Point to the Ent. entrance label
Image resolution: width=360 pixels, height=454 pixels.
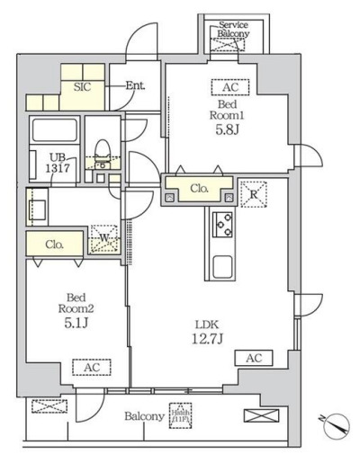tap(135, 86)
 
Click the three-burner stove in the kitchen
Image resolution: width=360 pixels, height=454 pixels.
tap(222, 223)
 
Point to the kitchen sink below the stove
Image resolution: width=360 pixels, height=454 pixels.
tap(222, 266)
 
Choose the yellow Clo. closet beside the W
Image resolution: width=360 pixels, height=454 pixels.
tap(53, 243)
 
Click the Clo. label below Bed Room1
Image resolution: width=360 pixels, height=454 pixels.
tap(200, 190)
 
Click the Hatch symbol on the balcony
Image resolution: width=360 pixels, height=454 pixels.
tap(183, 414)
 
